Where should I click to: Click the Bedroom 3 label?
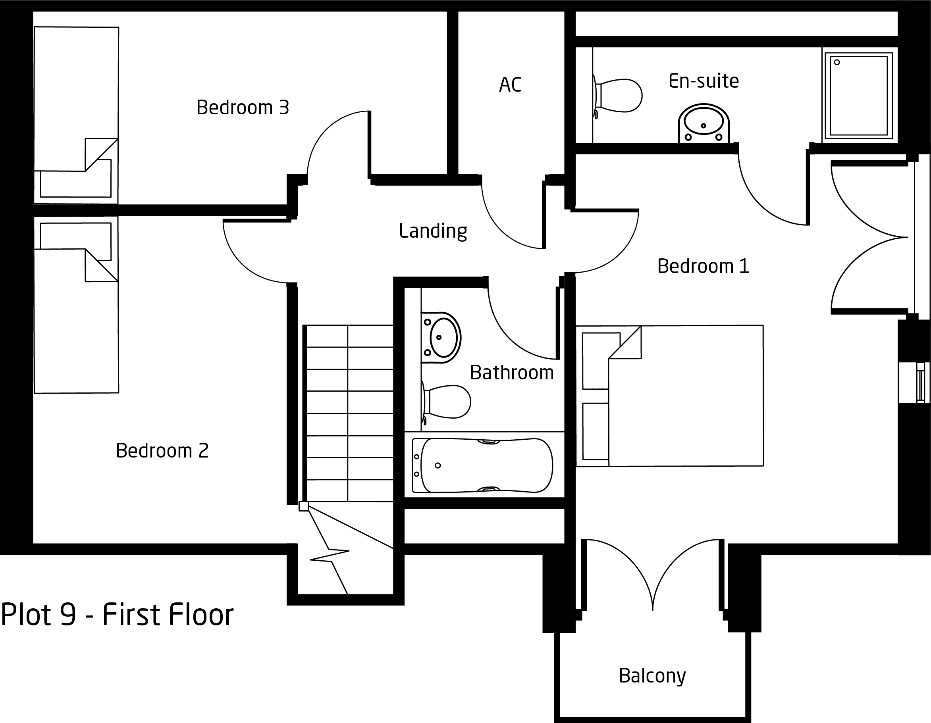(x=243, y=108)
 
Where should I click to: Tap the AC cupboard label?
(x=510, y=85)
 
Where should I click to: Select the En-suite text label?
(x=704, y=81)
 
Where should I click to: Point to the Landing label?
(x=433, y=231)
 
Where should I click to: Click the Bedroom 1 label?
(x=703, y=266)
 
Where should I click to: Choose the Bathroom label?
(x=511, y=373)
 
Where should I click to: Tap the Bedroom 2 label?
(x=162, y=451)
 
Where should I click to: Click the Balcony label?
(x=652, y=676)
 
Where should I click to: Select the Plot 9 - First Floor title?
(x=117, y=614)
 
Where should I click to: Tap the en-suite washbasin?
(x=704, y=123)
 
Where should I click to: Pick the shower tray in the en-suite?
(x=858, y=95)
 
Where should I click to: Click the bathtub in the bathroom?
(x=482, y=465)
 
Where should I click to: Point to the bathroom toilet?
(x=446, y=402)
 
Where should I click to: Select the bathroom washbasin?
(x=441, y=337)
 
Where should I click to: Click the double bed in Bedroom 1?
(x=670, y=396)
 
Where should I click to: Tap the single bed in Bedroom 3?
(x=76, y=115)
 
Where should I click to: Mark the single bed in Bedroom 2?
(x=76, y=305)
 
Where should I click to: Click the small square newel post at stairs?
(x=303, y=506)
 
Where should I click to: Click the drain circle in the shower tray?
(x=837, y=62)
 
